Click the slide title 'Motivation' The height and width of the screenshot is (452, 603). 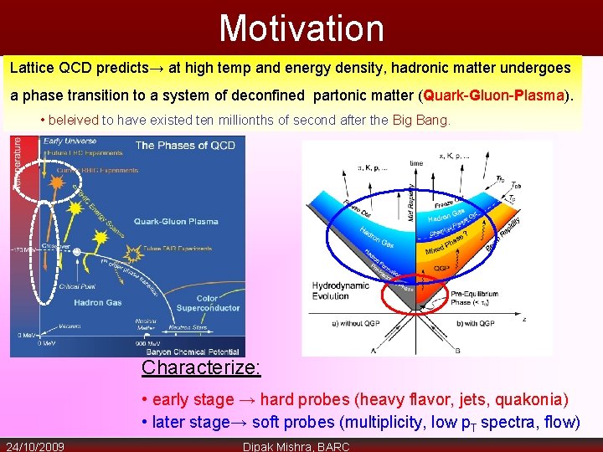pos(301,28)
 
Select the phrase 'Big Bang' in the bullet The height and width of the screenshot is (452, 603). pos(420,121)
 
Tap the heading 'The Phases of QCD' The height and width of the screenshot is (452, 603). pos(185,145)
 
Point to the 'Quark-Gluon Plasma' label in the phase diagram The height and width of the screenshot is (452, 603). pos(177,221)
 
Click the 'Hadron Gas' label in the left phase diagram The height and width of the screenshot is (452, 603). pos(98,301)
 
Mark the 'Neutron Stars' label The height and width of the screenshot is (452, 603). pos(188,327)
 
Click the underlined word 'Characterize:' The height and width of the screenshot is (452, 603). pos(201,367)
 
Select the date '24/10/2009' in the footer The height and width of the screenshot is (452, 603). pos(35,445)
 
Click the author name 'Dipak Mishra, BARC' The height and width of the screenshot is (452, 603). pos(296,445)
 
